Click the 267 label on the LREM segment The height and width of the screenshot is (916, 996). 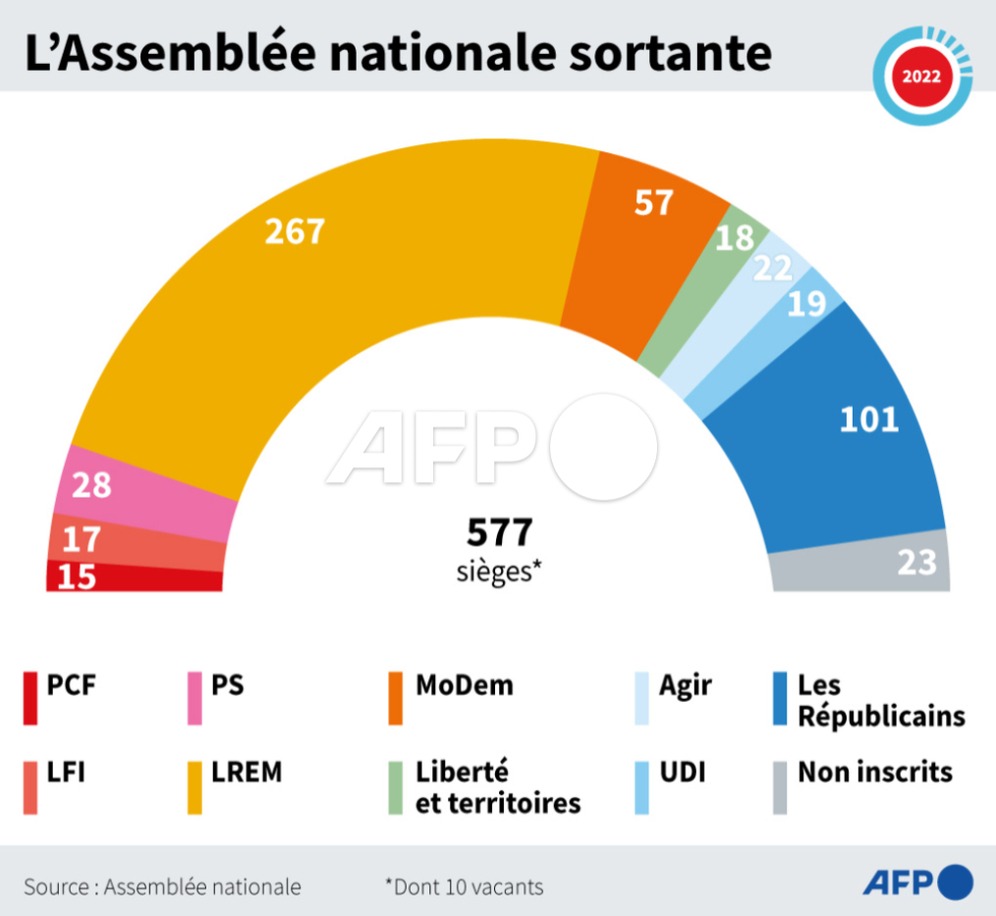295,232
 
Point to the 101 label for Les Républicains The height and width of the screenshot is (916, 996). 869,420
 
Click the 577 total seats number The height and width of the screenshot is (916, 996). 499,533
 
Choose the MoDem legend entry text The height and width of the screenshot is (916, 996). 464,684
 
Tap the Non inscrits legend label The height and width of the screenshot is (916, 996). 874,772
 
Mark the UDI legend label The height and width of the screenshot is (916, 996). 682,772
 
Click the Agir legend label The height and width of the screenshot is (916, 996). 685,684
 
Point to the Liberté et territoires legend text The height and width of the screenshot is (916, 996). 497,787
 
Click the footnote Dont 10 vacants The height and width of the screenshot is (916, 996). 464,887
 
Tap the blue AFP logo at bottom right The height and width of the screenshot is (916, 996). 917,883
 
